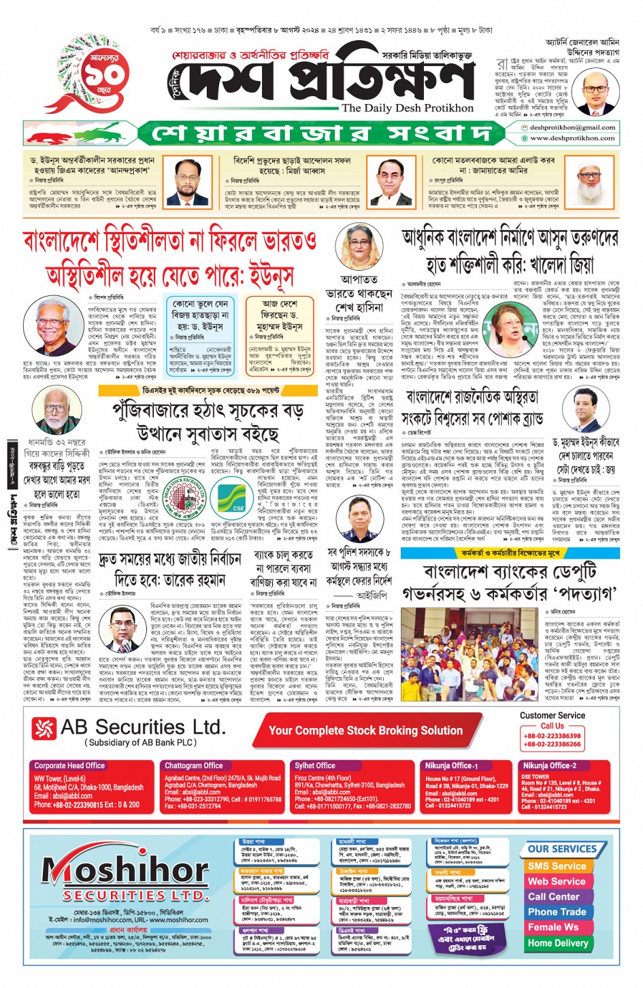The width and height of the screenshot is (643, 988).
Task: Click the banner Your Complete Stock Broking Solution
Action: tap(365, 730)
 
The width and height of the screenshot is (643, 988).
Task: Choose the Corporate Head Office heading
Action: tap(69, 765)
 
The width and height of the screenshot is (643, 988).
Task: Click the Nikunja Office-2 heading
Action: tap(549, 765)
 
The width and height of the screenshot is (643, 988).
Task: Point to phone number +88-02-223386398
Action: tap(552, 736)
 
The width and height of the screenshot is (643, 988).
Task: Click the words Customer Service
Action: tap(552, 715)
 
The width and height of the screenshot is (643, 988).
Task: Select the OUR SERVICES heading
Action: tap(561, 849)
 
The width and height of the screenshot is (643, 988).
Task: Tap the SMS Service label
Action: tap(557, 866)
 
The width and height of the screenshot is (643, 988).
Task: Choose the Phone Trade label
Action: tap(557, 912)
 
